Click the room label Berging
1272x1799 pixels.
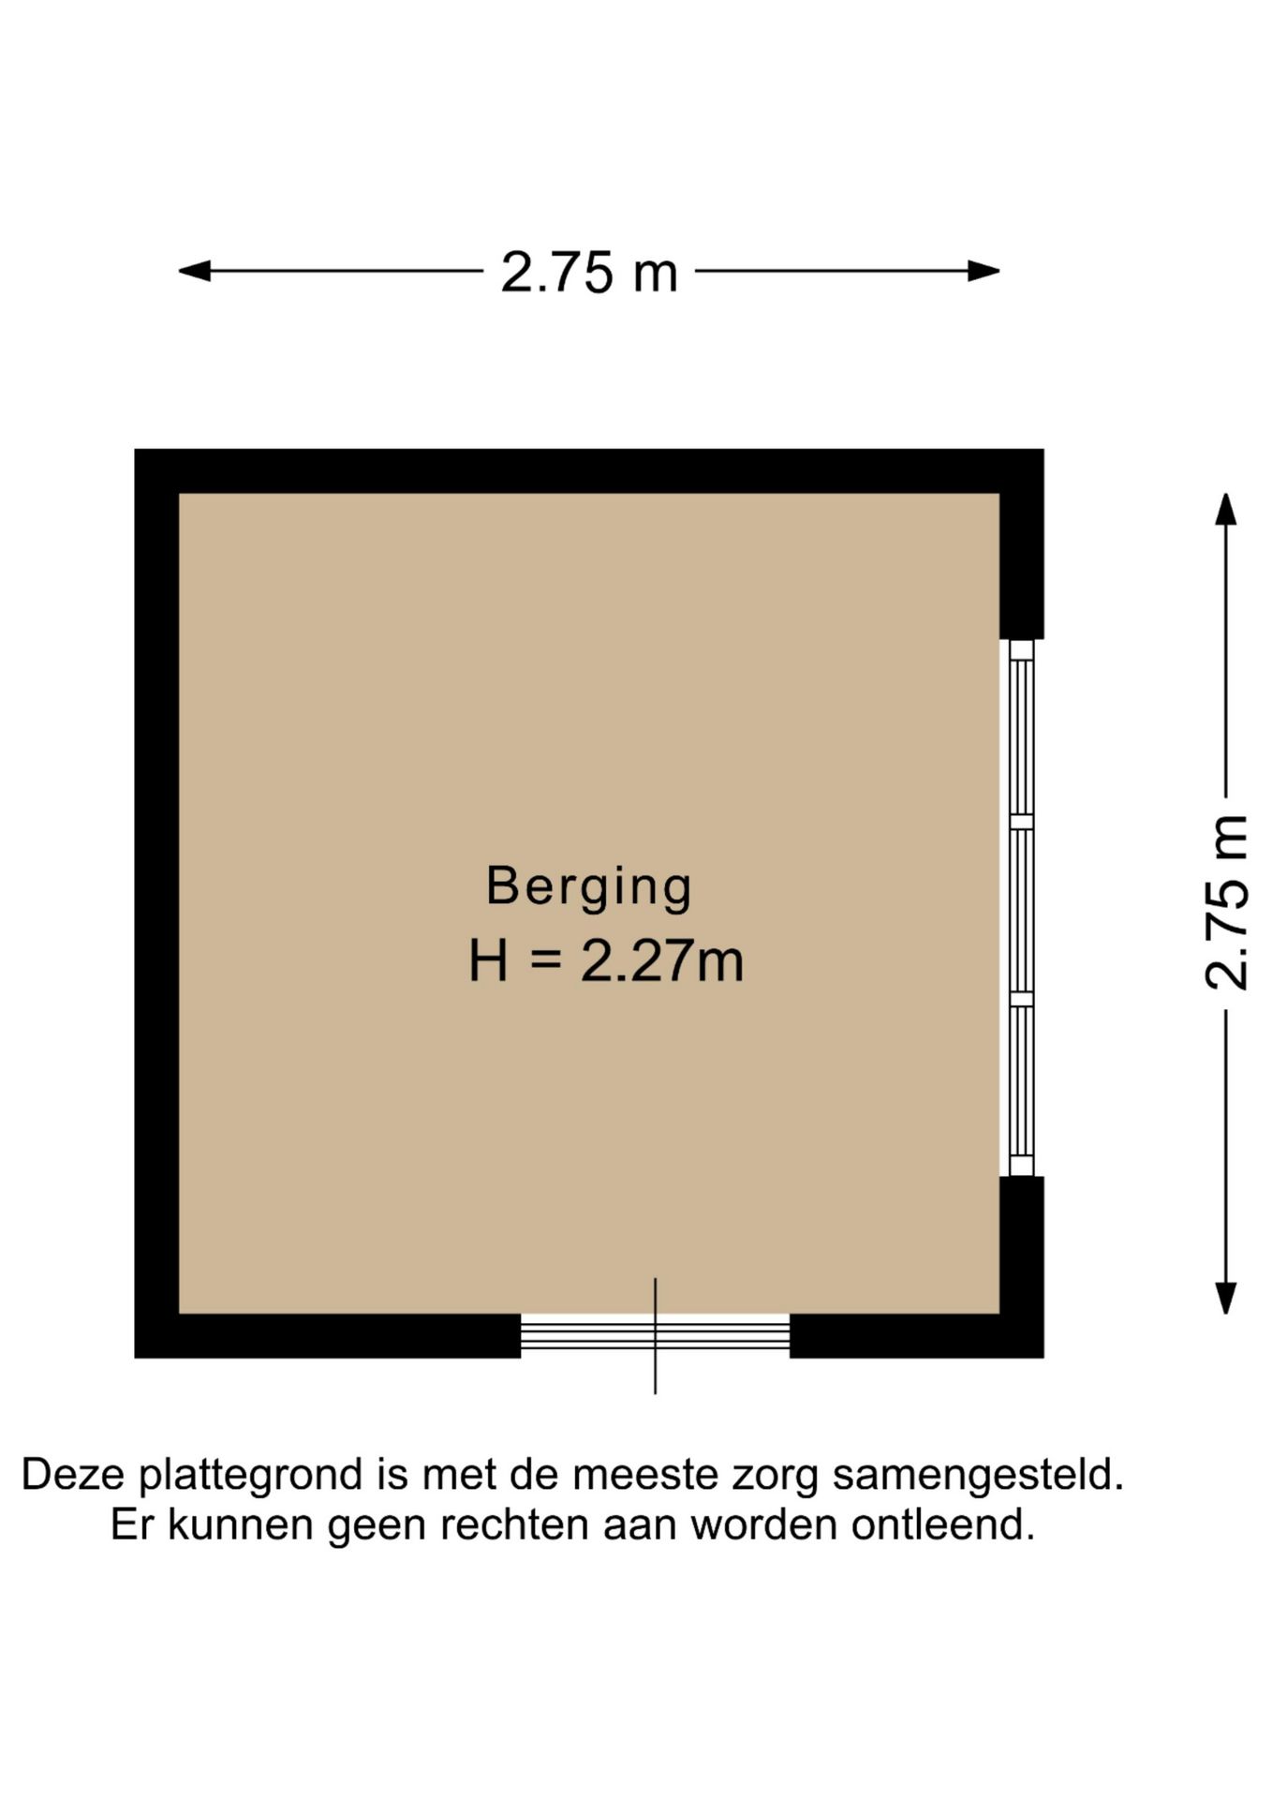click(x=588, y=886)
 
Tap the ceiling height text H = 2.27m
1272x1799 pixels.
click(x=606, y=961)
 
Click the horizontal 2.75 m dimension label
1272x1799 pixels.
click(x=588, y=273)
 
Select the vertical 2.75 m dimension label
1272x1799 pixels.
click(x=1226, y=902)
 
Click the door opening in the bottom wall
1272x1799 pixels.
click(x=655, y=1334)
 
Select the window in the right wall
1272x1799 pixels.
click(x=1021, y=907)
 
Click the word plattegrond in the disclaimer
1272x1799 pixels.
click(x=251, y=1474)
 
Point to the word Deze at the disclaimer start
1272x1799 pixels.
click(x=72, y=1474)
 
